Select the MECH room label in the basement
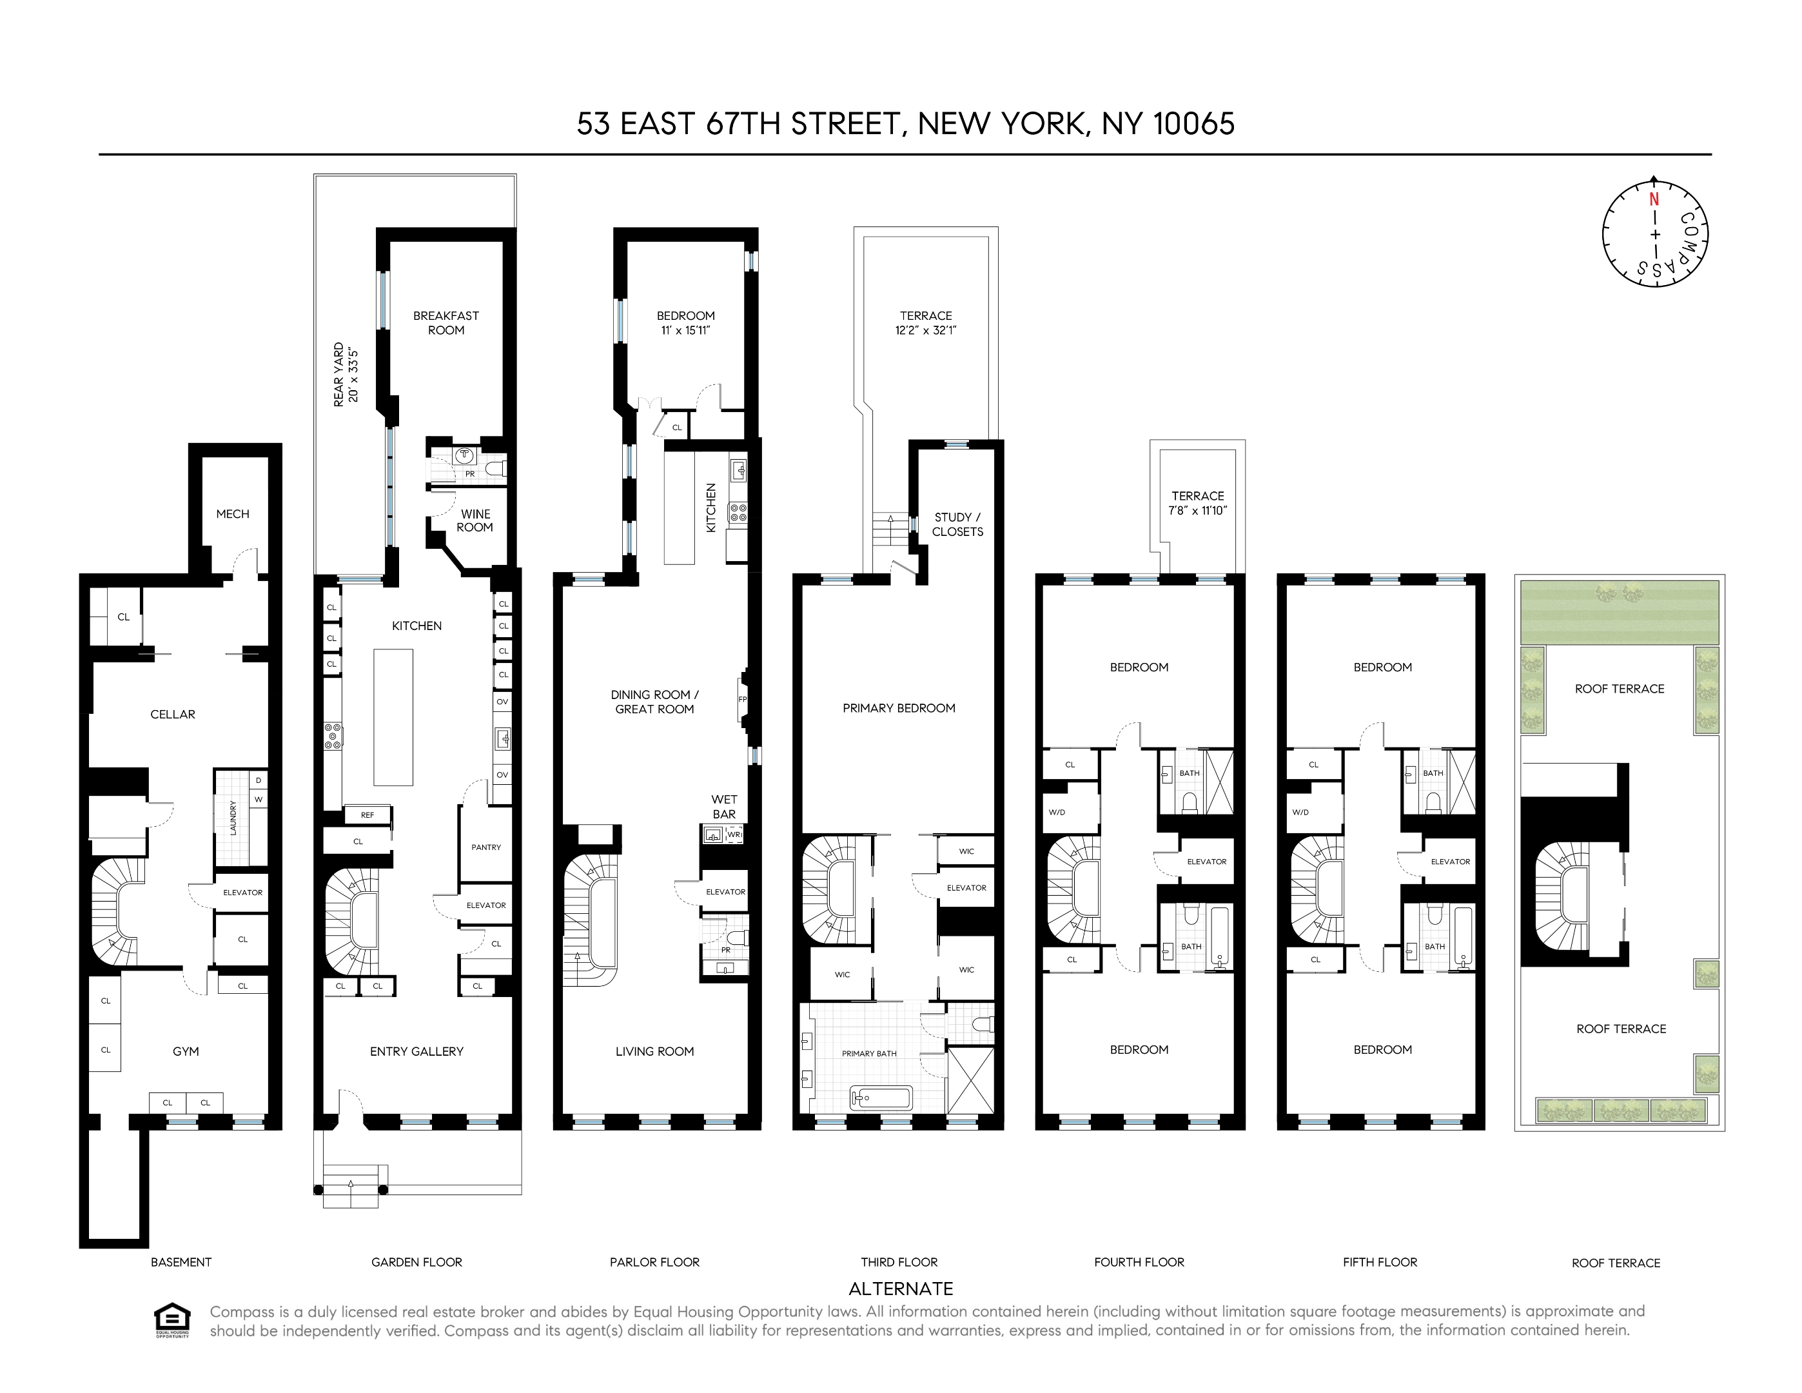click(233, 513)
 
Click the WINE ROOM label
click(475, 520)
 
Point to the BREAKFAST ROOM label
click(446, 322)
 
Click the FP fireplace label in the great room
click(743, 700)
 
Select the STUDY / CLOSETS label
click(957, 524)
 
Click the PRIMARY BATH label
click(869, 1054)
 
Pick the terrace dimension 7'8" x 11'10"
click(1197, 511)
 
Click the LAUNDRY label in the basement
click(233, 817)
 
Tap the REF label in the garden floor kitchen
click(367, 815)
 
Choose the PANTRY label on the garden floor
click(486, 847)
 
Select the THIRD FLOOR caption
click(899, 1263)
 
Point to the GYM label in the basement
click(186, 1051)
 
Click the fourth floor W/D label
click(1057, 813)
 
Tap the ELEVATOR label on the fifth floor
click(1450, 862)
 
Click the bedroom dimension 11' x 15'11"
click(685, 331)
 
